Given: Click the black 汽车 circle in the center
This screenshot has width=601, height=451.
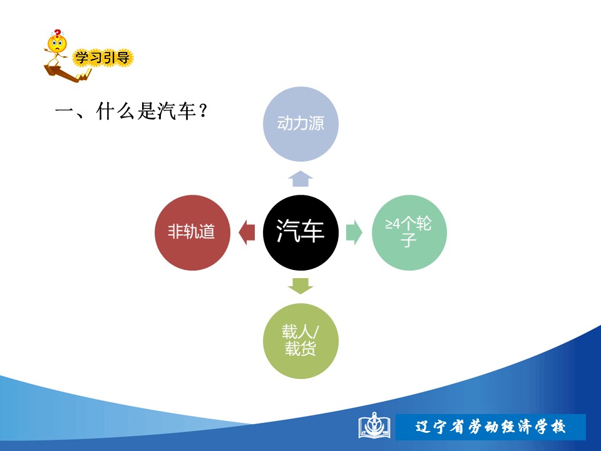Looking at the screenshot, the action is click(300, 232).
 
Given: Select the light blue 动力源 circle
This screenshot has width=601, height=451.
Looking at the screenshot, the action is click(300, 124).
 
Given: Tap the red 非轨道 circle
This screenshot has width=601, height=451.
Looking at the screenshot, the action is click(192, 232).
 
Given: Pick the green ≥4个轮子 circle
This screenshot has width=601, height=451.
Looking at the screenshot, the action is click(409, 232).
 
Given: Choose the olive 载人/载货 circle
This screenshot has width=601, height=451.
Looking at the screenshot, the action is click(300, 341).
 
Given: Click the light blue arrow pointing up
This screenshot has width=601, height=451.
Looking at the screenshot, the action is click(300, 179).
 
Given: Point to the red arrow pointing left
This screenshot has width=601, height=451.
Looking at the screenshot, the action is click(247, 232).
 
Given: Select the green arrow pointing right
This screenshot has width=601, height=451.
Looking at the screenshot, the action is click(354, 232).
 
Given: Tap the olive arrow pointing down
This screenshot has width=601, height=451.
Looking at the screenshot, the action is click(300, 286).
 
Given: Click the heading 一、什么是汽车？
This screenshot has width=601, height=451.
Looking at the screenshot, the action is click(131, 111).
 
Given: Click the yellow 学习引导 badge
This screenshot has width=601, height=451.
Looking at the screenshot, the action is click(102, 58).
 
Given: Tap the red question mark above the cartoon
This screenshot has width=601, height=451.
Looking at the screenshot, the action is click(58, 33).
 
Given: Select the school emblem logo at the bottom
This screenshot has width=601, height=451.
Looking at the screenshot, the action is click(374, 426).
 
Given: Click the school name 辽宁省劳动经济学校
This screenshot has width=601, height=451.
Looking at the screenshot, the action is click(491, 427).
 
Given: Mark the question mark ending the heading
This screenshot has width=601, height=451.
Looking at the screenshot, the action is click(203, 111).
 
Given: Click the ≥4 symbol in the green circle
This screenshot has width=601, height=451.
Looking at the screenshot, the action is click(393, 224).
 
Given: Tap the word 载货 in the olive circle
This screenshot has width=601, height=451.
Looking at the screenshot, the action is click(300, 349).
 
